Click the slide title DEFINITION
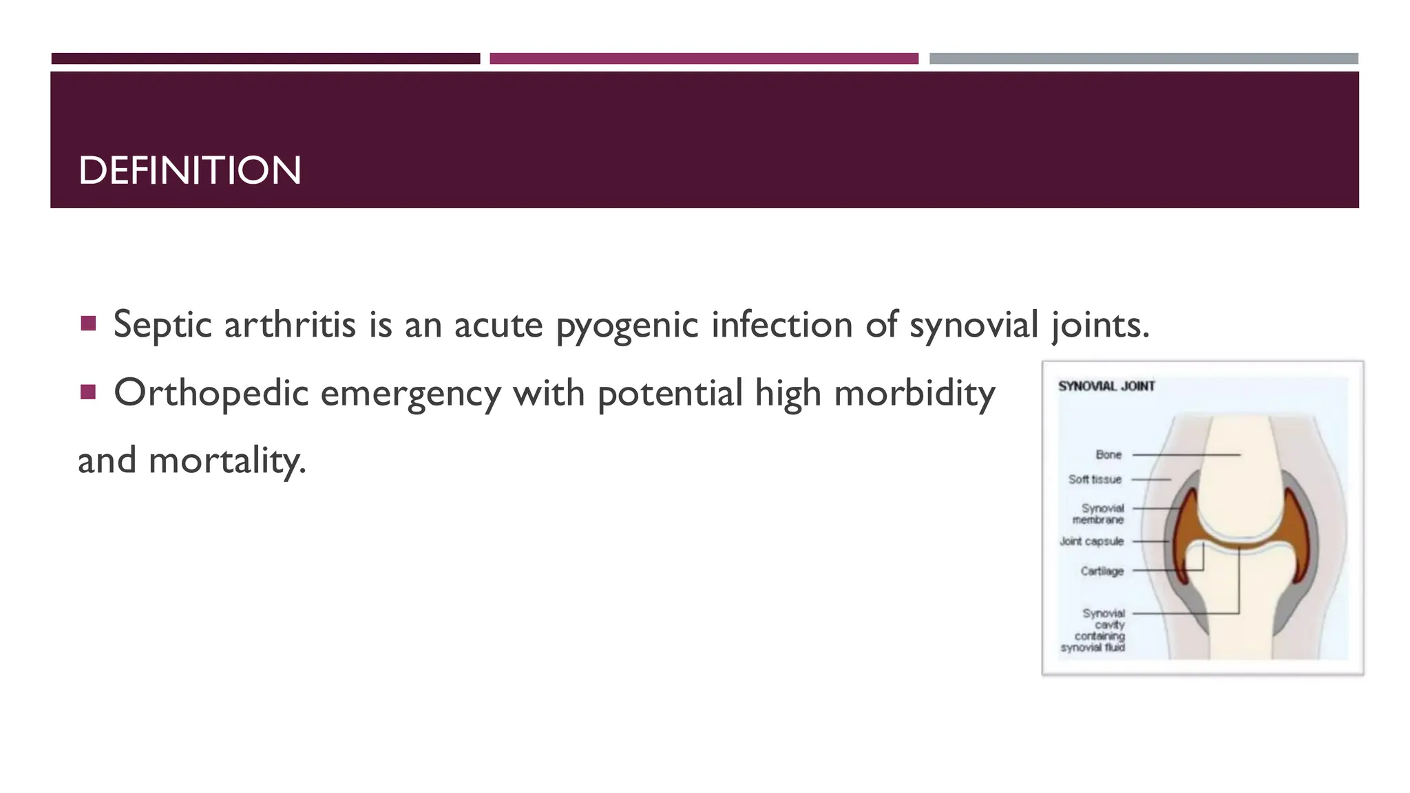pyautogui.click(x=190, y=171)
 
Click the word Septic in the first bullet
pyautogui.click(x=162, y=324)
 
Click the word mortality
pyautogui.click(x=227, y=461)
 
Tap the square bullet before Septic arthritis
pyautogui.click(x=87, y=324)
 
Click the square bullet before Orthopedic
pyautogui.click(x=87, y=392)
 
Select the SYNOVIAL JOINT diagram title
pyautogui.click(x=1106, y=386)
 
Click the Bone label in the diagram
pyautogui.click(x=1108, y=455)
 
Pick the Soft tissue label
pyautogui.click(x=1095, y=479)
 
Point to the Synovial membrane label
pyautogui.click(x=1099, y=514)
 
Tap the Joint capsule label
pyautogui.click(x=1091, y=542)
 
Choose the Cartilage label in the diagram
pyautogui.click(x=1102, y=571)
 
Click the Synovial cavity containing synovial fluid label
pyautogui.click(x=1095, y=630)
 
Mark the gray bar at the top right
pyautogui.click(x=1144, y=59)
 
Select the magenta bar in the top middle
pyautogui.click(x=704, y=59)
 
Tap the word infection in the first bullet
pyautogui.click(x=781, y=324)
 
